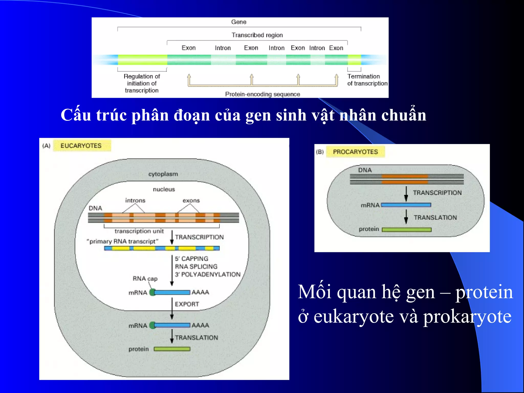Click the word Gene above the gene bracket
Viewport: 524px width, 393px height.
238,22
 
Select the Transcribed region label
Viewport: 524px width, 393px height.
257,35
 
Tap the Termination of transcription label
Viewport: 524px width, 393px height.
367,80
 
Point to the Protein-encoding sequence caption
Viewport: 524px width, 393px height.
263,94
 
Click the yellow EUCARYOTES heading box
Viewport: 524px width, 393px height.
82,146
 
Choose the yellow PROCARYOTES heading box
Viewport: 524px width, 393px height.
355,152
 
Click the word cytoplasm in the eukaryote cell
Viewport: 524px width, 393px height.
163,174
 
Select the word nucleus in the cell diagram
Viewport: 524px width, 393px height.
164,189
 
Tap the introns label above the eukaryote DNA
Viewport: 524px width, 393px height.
135,201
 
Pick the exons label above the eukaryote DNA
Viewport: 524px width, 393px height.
191,201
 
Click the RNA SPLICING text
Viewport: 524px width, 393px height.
196,267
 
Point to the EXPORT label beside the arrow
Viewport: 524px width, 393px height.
187,304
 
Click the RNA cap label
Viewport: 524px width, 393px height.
145,279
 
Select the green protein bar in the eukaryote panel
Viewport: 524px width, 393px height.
172,349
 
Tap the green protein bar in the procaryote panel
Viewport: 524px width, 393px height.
407,230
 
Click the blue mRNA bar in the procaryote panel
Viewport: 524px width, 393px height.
406,205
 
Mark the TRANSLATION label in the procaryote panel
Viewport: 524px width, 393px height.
435,217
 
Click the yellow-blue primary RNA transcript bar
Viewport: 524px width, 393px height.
162,248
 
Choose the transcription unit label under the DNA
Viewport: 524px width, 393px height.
139,231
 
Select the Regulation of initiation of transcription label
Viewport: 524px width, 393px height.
142,83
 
